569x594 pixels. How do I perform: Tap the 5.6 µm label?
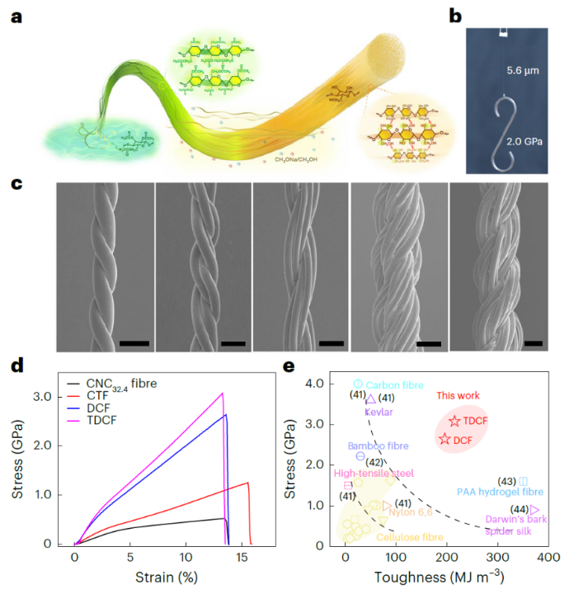coord(522,72)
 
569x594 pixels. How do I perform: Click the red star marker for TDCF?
coord(454,422)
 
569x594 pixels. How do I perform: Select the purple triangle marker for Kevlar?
coord(370,398)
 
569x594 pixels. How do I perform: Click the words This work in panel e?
coord(458,396)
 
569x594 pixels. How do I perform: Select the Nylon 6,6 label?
coord(411,511)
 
